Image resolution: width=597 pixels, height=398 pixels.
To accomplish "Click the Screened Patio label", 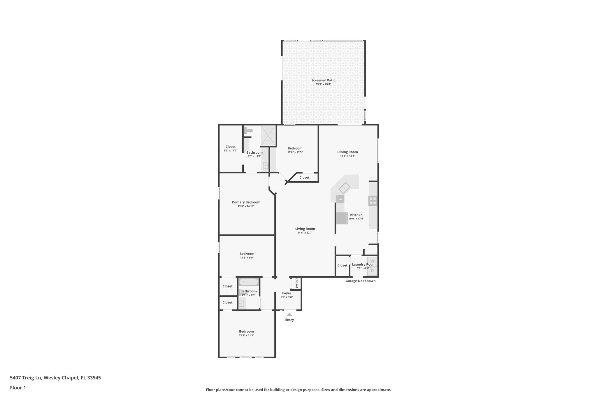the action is pos(323,80).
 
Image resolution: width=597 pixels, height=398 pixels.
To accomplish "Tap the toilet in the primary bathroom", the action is pos(249,131).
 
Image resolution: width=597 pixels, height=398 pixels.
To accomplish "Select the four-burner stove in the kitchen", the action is pos(373,201).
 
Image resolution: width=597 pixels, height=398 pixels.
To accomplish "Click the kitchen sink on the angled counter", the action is pos(344,188).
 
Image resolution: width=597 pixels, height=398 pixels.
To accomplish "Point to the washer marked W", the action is pos(372,261).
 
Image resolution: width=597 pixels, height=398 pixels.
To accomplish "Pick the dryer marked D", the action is pos(372,271).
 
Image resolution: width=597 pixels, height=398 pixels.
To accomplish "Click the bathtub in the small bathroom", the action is pos(248,282).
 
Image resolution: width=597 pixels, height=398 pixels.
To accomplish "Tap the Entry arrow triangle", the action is pos(289,314).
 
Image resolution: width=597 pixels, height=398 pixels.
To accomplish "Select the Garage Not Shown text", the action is pos(360,281).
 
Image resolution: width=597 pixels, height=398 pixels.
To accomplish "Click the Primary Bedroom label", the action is pos(246,202).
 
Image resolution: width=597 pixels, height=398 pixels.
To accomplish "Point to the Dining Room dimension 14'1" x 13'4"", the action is pos(347,156).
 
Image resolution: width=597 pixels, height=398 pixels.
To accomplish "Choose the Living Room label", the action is pos(305,229).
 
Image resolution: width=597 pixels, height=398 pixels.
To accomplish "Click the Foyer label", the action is pos(287,293).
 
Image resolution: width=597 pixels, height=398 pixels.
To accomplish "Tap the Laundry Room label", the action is pos(364,264).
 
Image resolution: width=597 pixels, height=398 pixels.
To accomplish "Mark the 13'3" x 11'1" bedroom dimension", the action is pos(246,335).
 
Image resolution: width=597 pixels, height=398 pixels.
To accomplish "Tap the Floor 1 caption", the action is pos(18,388).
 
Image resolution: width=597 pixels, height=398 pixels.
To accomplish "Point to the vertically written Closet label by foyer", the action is pos(296,283).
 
